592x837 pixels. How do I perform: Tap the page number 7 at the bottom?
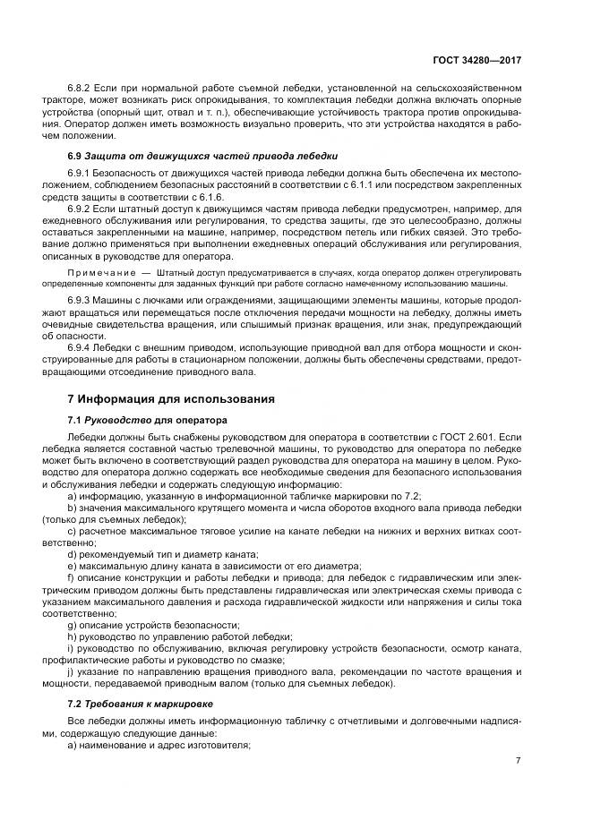pos(518,760)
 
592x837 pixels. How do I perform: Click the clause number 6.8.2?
pos(80,90)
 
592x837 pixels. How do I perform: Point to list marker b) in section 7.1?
pos(72,507)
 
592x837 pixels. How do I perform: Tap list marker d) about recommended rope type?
pos(72,553)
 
